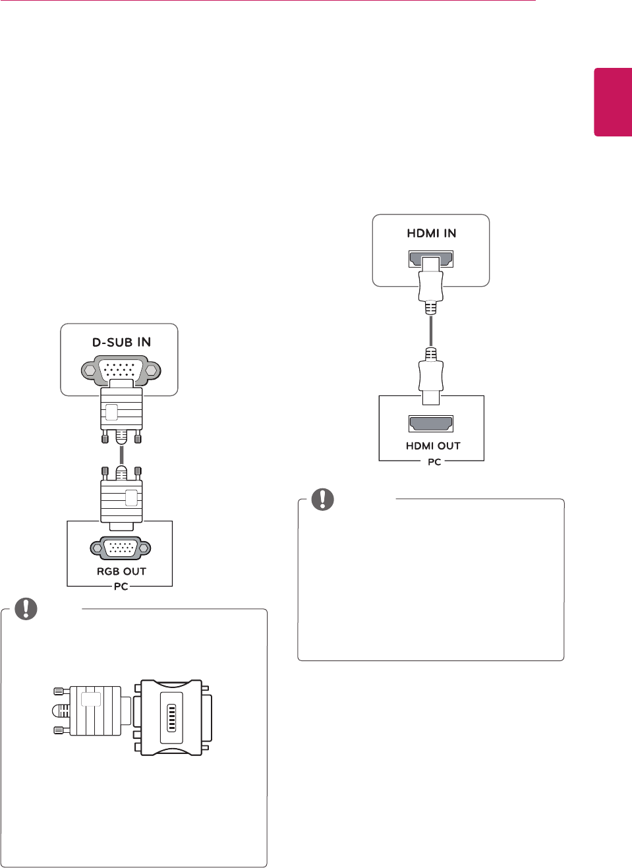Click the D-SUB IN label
(x=121, y=342)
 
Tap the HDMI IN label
(x=431, y=233)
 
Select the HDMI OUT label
(x=433, y=446)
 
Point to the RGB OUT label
(x=121, y=571)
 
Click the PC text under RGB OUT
(x=121, y=587)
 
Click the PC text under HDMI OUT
(x=434, y=462)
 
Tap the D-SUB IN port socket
(x=121, y=369)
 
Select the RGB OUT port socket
(x=121, y=548)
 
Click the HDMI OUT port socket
(x=431, y=423)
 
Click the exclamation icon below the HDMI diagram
(x=323, y=499)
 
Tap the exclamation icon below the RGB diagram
(x=26, y=608)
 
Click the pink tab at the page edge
(x=613, y=102)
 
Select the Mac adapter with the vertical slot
(x=172, y=717)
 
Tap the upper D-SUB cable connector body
(x=121, y=410)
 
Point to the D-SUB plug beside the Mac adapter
(x=92, y=711)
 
